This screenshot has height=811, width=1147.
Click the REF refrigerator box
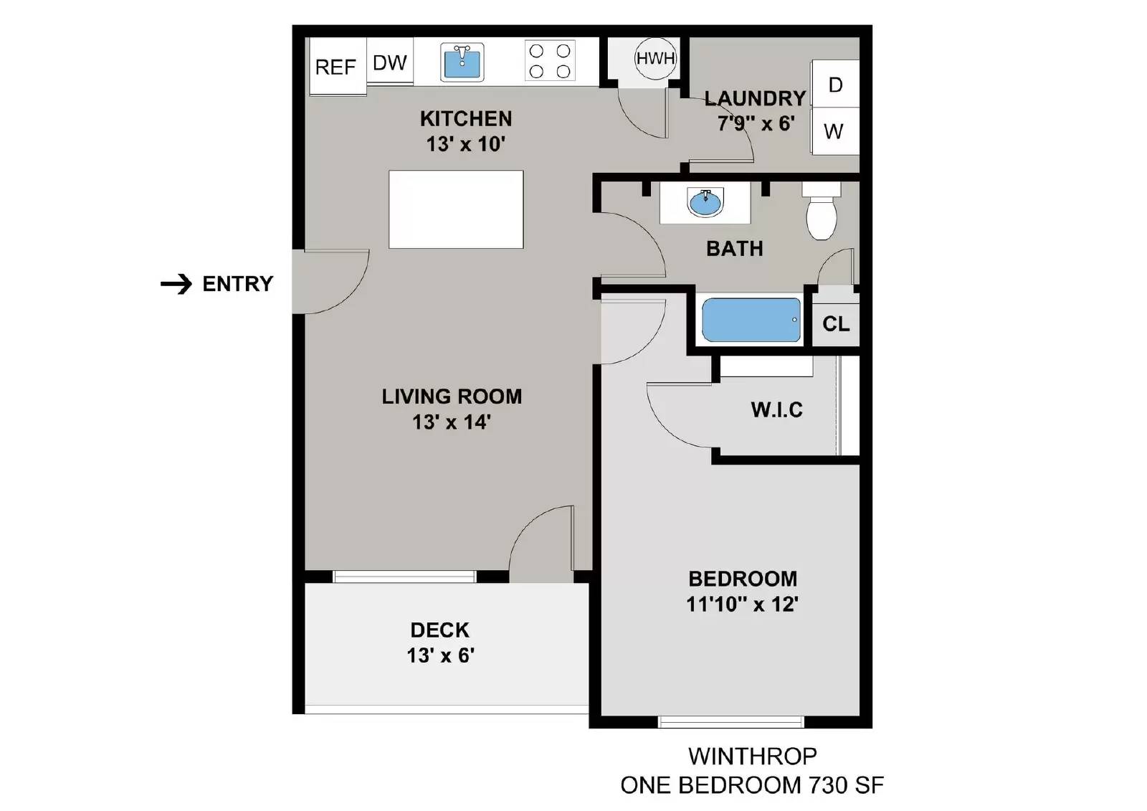336,67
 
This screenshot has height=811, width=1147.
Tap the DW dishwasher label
390,63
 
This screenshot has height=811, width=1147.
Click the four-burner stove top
550,61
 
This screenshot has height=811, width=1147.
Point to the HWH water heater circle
655,58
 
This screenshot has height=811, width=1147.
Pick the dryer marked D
835,85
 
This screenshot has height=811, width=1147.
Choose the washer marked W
834,131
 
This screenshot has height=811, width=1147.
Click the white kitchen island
456,209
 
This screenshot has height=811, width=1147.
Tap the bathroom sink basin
705,202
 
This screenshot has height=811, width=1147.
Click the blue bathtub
751,320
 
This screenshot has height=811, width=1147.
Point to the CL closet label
836,324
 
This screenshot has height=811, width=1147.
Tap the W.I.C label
776,410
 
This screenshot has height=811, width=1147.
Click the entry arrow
176,284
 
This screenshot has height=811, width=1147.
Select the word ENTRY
238,284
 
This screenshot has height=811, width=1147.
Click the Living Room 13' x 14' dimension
451,422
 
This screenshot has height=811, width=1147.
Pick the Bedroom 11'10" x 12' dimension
742,604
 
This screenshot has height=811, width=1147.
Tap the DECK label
439,630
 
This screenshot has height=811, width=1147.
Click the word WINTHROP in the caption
752,756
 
